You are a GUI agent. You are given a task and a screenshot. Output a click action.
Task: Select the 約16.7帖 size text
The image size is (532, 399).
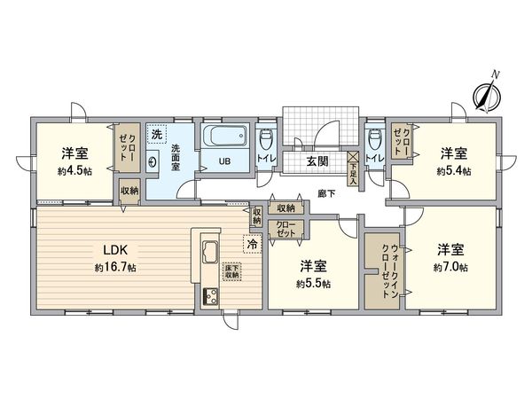tap(115, 267)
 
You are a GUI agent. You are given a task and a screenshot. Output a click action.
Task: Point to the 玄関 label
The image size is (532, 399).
tap(319, 161)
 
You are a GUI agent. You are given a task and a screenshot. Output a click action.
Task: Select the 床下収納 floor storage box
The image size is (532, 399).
tap(230, 270)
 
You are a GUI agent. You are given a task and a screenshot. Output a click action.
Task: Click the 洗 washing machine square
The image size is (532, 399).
tap(157, 135)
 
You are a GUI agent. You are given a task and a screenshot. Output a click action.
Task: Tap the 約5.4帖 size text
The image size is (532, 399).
tap(454, 170)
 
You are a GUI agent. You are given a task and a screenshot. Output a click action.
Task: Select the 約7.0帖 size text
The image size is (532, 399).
tap(450, 266)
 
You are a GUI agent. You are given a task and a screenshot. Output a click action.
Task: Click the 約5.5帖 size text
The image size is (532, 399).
tap(314, 284)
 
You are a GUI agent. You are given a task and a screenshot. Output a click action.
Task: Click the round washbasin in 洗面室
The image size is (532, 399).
tap(153, 162)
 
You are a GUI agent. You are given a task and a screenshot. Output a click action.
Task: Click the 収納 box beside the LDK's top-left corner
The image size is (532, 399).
tap(129, 191)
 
